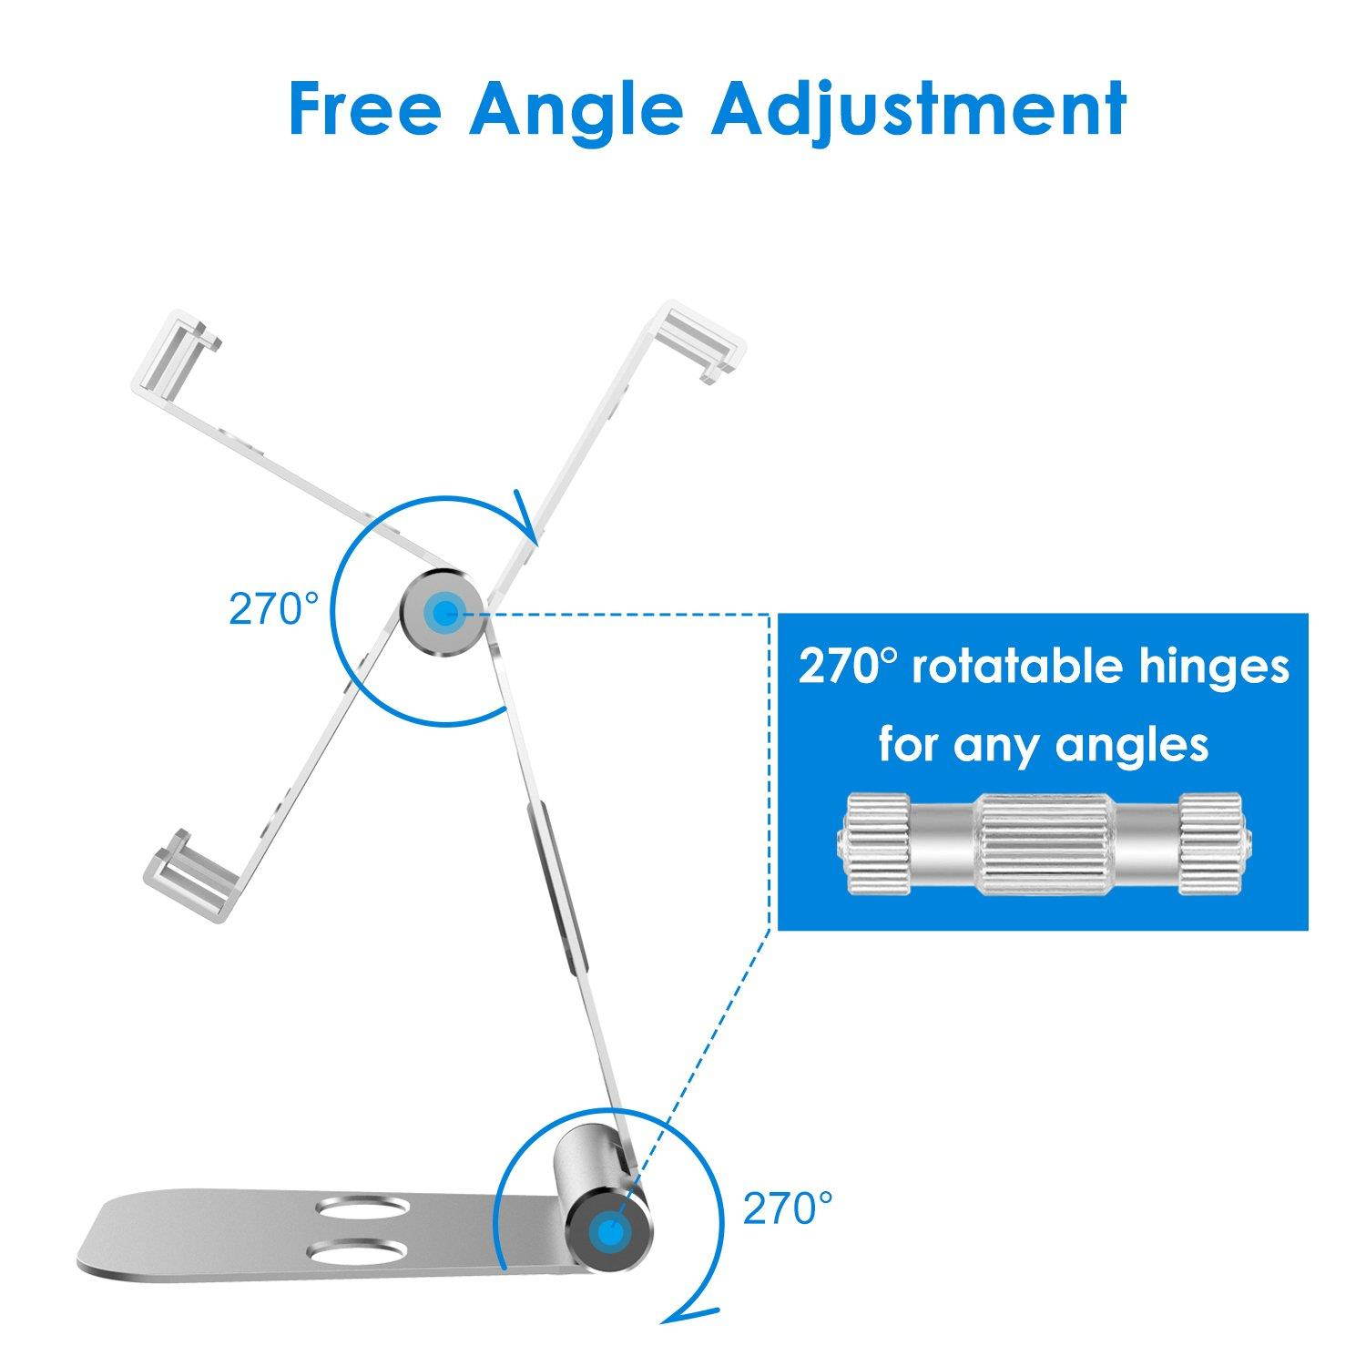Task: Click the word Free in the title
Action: (364, 107)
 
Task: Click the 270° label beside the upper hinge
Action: (274, 609)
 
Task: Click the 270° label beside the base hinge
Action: (788, 1208)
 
